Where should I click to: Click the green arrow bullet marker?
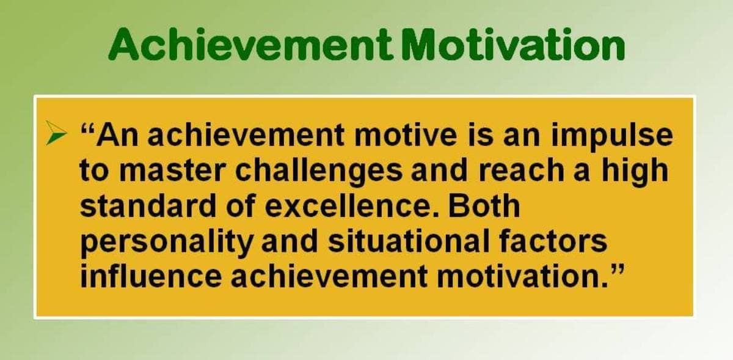pyautogui.click(x=56, y=133)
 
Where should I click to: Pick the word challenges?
pyautogui.click(x=319, y=174)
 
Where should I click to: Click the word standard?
pyautogui.click(x=148, y=205)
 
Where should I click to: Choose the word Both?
pyautogui.click(x=484, y=205)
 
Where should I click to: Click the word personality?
pyautogui.click(x=167, y=244)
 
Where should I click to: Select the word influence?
pyautogui.click(x=151, y=276)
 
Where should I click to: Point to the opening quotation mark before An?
pyautogui.click(x=87, y=129)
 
